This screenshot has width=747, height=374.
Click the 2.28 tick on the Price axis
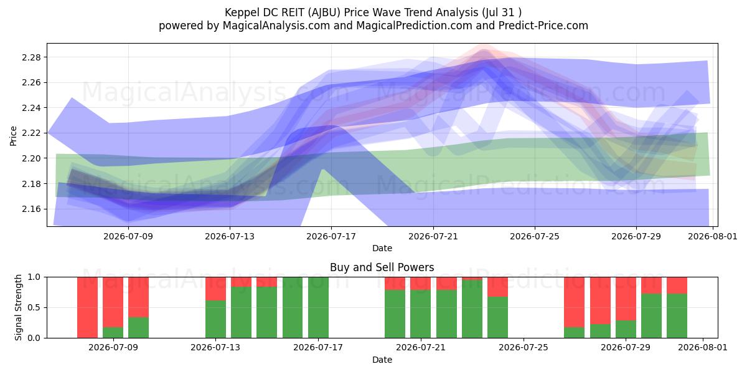coord(31,57)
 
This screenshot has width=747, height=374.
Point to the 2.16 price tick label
coord(31,209)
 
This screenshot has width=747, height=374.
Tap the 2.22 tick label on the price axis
coord(31,133)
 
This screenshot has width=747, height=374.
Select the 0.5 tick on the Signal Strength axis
coord(34,307)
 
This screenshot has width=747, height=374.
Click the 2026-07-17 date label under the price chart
coord(331,236)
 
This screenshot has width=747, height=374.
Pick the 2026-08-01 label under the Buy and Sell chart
coord(703,347)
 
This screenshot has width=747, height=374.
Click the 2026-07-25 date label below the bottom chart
coord(524,347)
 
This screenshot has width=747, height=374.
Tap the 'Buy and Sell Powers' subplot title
coord(382,267)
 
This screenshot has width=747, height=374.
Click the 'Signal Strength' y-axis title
coord(18,307)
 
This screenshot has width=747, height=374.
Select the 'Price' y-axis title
coord(13,136)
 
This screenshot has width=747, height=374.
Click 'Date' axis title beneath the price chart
coord(382,248)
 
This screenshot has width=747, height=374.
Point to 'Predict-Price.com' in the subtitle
coord(543,26)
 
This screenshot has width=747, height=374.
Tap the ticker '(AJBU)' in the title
coord(324,12)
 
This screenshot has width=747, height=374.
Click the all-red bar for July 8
coord(87,307)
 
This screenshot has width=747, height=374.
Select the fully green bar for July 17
coord(318,307)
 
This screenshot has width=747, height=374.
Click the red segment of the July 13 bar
coord(215,289)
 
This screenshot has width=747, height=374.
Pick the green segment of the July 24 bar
coord(497,317)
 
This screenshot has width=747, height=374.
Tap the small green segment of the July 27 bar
coord(574,333)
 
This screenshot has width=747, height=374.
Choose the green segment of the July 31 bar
coord(677,316)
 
